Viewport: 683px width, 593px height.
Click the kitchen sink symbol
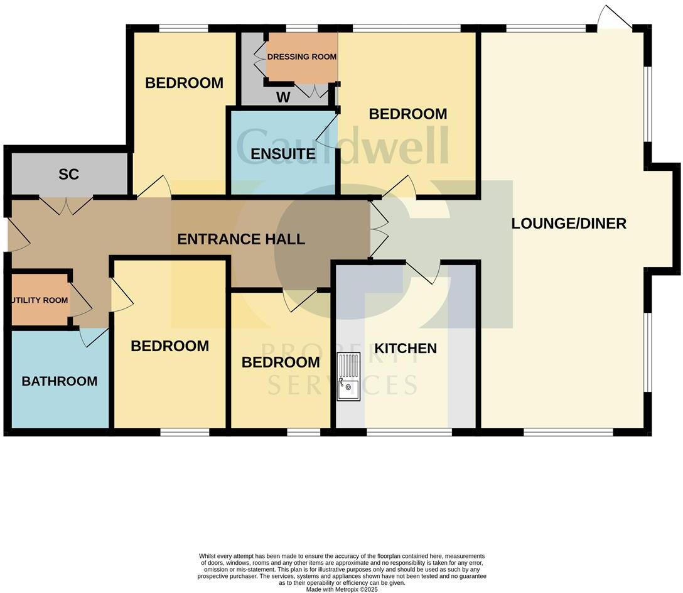(348, 376)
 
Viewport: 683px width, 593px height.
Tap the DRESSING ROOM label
(302, 57)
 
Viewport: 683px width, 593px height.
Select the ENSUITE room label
(282, 154)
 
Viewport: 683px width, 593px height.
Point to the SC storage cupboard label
(68, 175)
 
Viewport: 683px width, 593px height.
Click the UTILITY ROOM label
(39, 300)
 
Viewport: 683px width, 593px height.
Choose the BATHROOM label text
(60, 381)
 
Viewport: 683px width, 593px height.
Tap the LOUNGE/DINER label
(569, 224)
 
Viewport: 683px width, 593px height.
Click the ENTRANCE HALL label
(241, 239)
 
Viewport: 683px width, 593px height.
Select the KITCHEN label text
(406, 349)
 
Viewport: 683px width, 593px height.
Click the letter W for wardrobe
(284, 98)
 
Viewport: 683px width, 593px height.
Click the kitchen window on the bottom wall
(409, 432)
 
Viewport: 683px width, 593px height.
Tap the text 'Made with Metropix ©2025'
(341, 590)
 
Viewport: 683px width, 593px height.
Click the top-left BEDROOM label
(184, 83)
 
